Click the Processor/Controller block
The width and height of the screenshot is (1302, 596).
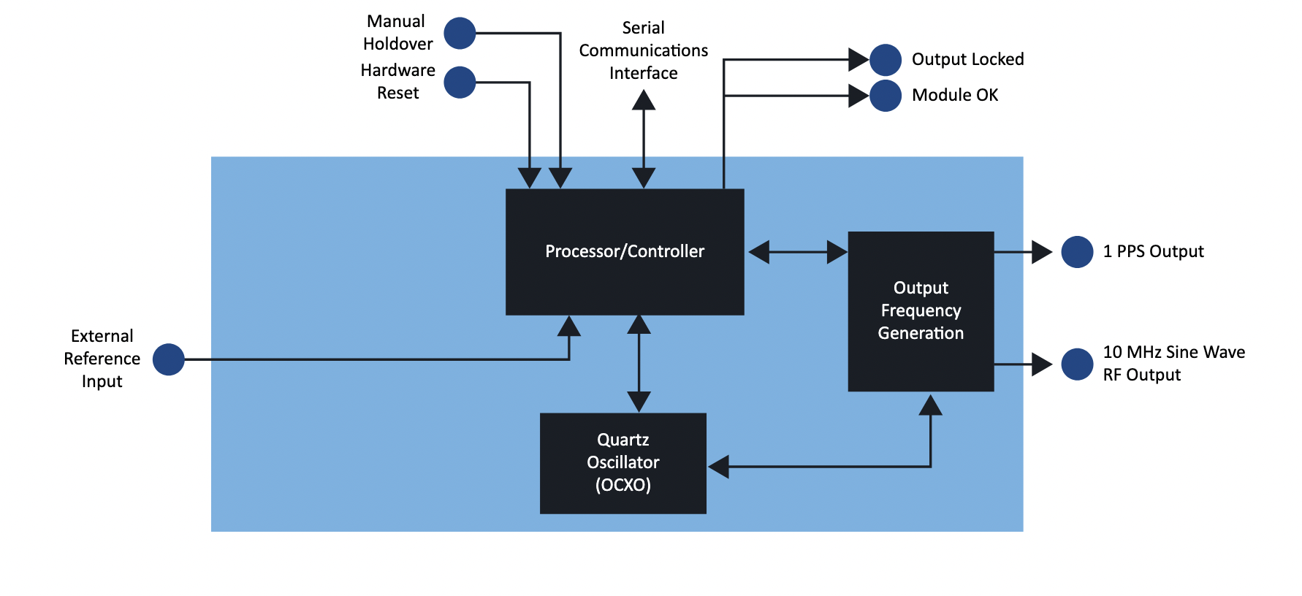click(x=625, y=252)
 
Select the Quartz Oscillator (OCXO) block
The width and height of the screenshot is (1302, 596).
click(x=623, y=463)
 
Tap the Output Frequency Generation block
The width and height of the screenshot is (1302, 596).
click(x=921, y=311)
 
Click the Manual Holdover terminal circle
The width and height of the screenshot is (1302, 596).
click(x=460, y=34)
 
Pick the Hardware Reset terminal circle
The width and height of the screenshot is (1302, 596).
click(x=460, y=83)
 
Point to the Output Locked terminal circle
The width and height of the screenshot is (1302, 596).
click(x=886, y=60)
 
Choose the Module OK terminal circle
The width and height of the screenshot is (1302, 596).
click(x=886, y=96)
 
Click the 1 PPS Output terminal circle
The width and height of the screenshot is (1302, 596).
click(x=1077, y=252)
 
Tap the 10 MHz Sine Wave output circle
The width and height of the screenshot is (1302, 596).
click(x=1077, y=364)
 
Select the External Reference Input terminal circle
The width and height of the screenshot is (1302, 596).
click(x=169, y=359)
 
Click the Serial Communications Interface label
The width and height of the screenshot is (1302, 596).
click(x=643, y=50)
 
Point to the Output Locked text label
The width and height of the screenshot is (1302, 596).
click(x=967, y=59)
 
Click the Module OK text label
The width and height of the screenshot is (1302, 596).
click(x=955, y=95)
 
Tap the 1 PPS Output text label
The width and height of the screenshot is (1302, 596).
click(x=1153, y=251)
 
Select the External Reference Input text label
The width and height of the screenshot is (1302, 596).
click(x=102, y=359)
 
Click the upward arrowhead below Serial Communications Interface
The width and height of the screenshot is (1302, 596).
click(x=643, y=100)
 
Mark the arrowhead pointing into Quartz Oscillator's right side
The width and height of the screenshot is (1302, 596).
click(x=719, y=467)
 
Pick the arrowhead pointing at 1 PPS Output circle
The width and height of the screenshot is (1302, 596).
click(x=1041, y=252)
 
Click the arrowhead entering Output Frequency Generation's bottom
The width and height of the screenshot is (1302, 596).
click(x=930, y=405)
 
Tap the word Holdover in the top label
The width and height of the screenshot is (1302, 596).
click(x=398, y=44)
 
